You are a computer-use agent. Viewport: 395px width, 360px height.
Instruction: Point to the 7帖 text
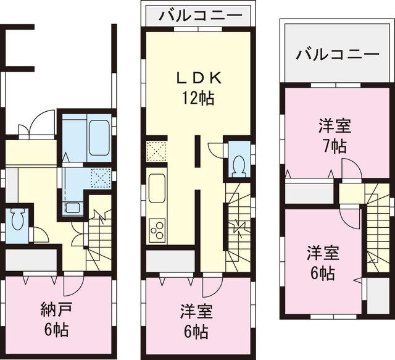pos(334,146)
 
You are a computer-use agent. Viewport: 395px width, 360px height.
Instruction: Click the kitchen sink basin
pos(157,186)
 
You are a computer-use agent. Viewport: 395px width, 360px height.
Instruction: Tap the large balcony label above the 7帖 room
pos(336,54)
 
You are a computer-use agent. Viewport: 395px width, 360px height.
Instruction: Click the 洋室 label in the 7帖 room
pos(335,126)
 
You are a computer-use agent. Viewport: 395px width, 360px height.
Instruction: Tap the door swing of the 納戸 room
pos(72,285)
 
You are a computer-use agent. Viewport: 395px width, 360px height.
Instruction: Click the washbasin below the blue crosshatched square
pos(73,207)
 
